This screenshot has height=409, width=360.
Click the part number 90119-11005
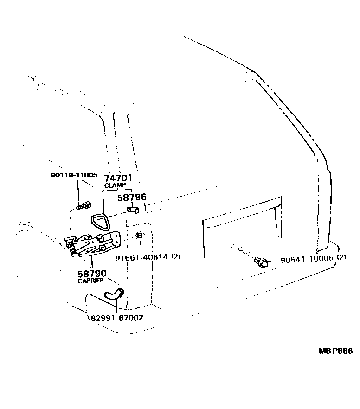click(x=74, y=175)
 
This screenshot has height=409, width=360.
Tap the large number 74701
click(x=118, y=178)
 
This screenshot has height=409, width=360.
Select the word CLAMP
click(x=115, y=185)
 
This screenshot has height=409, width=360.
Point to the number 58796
click(x=131, y=198)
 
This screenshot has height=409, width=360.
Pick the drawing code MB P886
click(x=335, y=351)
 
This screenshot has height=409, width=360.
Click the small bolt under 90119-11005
click(x=84, y=205)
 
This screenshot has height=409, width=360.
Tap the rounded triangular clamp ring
click(x=99, y=222)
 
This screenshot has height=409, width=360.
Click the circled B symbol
click(x=140, y=236)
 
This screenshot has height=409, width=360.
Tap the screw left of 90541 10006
click(x=261, y=262)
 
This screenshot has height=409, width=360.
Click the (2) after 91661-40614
click(x=176, y=257)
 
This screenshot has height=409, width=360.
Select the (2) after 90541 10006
click(x=341, y=258)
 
